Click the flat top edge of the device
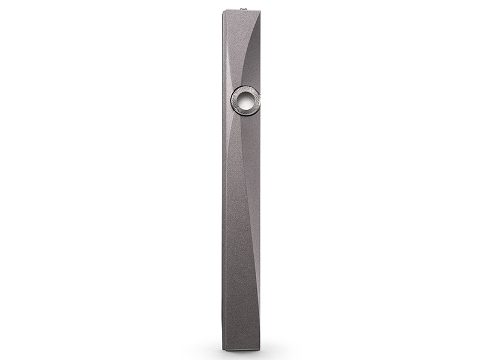coord(241,11)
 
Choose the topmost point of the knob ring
coord(245,85)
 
